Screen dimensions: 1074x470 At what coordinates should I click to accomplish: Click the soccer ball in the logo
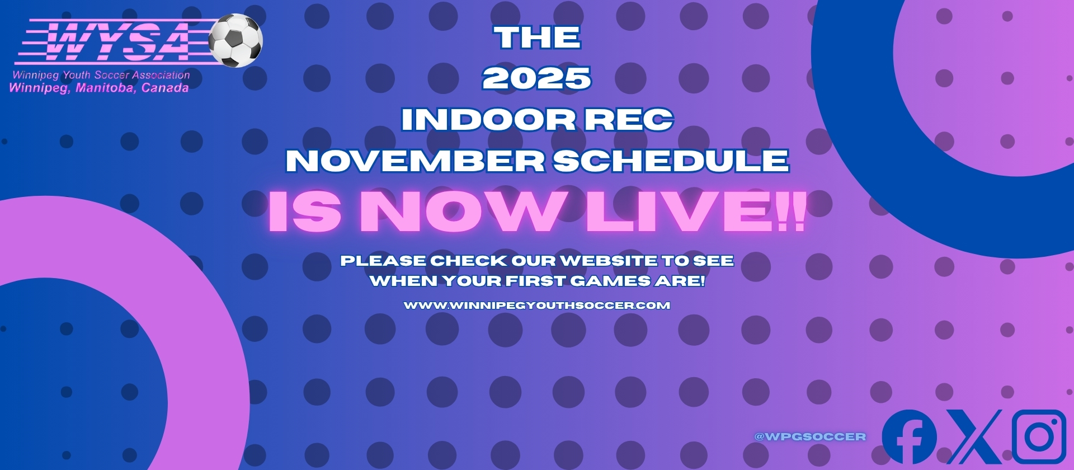pyautogui.click(x=235, y=40)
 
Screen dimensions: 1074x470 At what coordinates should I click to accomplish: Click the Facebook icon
pyautogui.click(x=910, y=437)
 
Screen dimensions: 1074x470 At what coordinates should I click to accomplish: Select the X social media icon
pyautogui.click(x=974, y=437)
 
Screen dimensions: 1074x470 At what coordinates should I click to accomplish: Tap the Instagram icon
pyautogui.click(x=1039, y=437)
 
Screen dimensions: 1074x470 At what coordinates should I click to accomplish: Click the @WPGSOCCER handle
pyautogui.click(x=810, y=436)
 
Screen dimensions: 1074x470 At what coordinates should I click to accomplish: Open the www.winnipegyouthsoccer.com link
pyautogui.click(x=537, y=305)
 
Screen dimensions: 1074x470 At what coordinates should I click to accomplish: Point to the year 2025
pyautogui.click(x=537, y=78)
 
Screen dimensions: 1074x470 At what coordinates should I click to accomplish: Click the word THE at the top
pyautogui.click(x=538, y=37)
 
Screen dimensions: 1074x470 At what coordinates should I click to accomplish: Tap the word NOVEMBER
pyautogui.click(x=416, y=161)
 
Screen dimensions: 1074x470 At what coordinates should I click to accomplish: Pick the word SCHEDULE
pyautogui.click(x=671, y=161)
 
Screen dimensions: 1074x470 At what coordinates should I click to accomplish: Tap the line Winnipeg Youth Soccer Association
pyautogui.click(x=101, y=75)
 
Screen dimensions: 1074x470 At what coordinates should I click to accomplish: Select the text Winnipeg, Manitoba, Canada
pyautogui.click(x=99, y=88)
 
